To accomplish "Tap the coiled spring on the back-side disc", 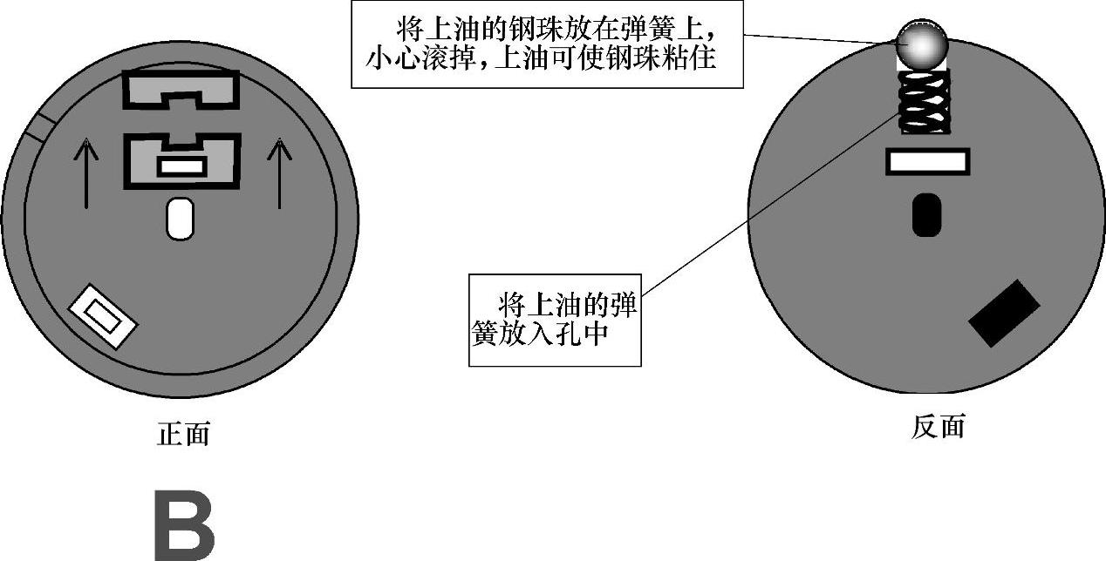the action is click(925, 103).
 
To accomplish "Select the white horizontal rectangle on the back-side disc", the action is click(927, 161).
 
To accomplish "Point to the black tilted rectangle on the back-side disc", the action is click(1004, 314).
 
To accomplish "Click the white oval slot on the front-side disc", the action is click(180, 219).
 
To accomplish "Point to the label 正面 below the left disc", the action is click(183, 433).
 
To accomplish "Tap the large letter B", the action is click(184, 527).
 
